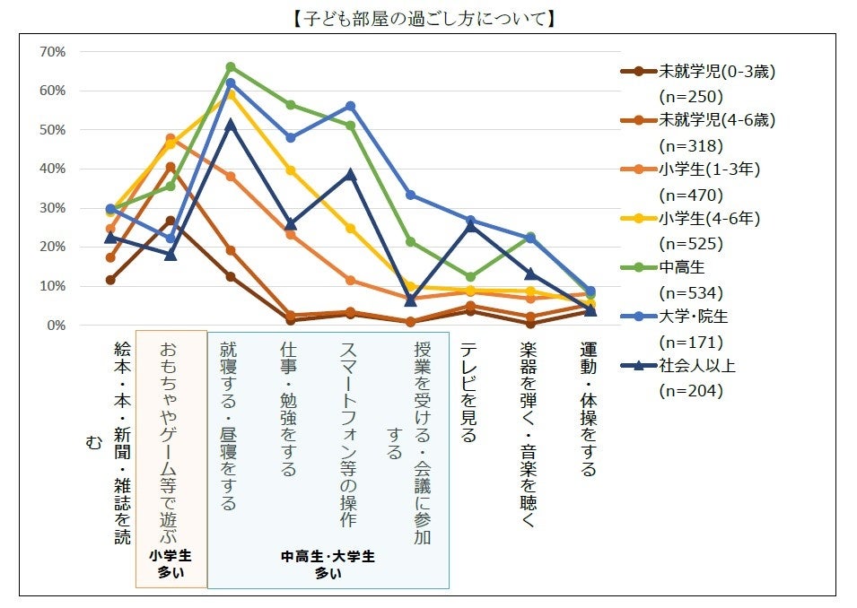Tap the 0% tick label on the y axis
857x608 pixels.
(57, 326)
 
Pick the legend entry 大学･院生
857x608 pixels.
(695, 316)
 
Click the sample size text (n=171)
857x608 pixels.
(690, 342)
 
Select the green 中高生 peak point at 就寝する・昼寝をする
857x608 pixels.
(231, 66)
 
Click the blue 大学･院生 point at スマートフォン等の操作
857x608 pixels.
(351, 106)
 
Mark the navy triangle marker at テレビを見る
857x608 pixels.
(470, 225)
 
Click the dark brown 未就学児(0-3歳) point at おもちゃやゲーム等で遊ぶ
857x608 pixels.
(171, 221)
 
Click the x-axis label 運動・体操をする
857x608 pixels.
(589, 407)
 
